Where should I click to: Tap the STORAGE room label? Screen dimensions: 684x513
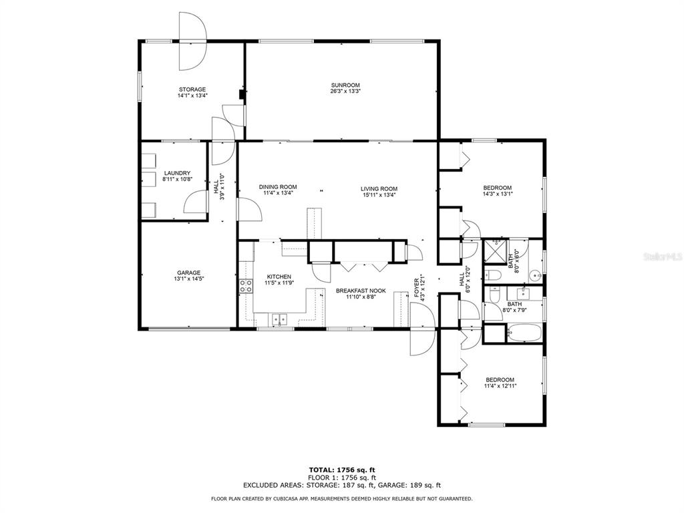[x=192, y=90]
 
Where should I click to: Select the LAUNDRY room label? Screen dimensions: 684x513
[x=177, y=173]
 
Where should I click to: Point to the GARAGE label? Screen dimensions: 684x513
[x=189, y=273]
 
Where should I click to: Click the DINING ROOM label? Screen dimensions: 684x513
[x=278, y=187]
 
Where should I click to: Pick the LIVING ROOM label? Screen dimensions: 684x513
[x=379, y=189]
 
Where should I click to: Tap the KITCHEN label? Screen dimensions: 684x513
[x=279, y=277]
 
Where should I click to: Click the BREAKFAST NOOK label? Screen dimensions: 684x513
[x=361, y=291]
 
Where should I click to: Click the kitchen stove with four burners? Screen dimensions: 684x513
[x=246, y=286]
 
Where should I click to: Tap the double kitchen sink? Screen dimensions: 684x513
[x=280, y=320]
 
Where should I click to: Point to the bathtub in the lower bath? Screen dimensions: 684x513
[x=524, y=334]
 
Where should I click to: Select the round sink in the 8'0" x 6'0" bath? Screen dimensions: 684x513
[x=536, y=276]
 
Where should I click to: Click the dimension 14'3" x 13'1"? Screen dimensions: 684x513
[x=498, y=194]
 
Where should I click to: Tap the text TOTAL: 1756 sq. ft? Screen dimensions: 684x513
[x=342, y=470]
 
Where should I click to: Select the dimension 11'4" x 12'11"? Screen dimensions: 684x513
[x=500, y=385]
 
